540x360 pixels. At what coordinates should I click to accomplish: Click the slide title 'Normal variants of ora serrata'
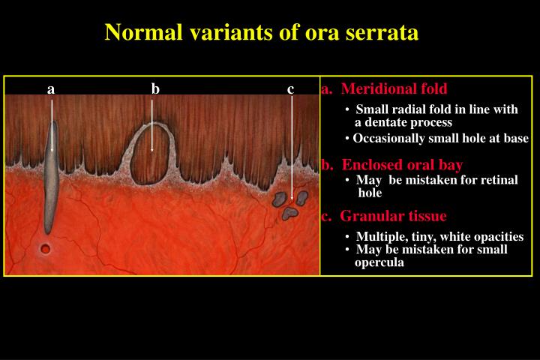262,33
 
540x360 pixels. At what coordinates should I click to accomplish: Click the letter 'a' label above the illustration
51,89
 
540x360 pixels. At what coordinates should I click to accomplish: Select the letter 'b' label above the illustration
155,89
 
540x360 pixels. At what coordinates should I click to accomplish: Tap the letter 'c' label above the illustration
290,89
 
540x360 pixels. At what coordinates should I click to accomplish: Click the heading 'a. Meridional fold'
384,89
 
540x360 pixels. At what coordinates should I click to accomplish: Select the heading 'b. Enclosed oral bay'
391,165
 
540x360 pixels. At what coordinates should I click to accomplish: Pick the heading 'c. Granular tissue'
384,217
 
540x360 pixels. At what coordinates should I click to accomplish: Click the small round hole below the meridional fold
46,249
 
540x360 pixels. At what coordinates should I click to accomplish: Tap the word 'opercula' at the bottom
379,262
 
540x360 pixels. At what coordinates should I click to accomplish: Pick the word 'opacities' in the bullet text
498,236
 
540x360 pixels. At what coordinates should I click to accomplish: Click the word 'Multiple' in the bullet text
379,236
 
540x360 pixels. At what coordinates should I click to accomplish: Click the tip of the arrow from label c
292,199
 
